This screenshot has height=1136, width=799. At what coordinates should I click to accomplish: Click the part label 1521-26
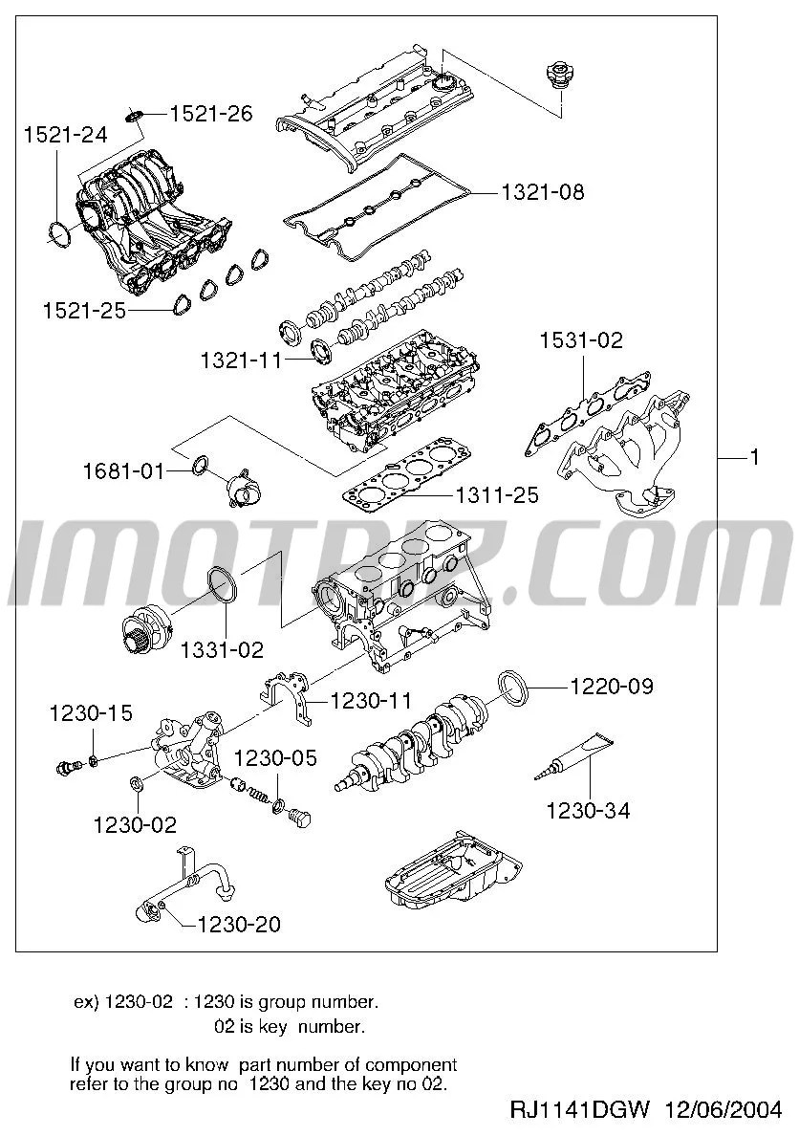[x=211, y=114]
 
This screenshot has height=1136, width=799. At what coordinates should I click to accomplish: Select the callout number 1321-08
[x=542, y=192]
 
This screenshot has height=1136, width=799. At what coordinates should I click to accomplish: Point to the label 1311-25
[x=496, y=495]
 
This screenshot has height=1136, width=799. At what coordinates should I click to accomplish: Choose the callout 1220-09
[x=612, y=686]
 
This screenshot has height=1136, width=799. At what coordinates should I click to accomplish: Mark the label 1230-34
[x=588, y=811]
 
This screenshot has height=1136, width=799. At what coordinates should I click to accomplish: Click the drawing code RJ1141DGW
[x=579, y=1110]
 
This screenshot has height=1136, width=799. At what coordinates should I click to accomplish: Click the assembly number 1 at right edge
[x=754, y=458]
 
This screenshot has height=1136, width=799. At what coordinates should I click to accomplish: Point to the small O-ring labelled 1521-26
[x=134, y=116]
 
